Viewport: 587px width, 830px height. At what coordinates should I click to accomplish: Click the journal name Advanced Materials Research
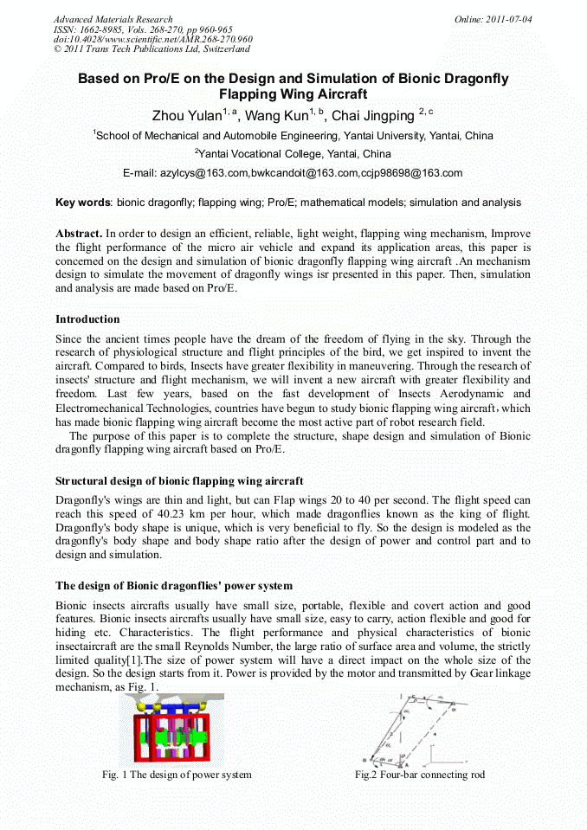pyautogui.click(x=113, y=19)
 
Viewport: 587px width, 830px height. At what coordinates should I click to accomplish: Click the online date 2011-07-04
pyautogui.click(x=501, y=19)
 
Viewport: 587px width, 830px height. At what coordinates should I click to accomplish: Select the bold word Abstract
pyautogui.click(x=79, y=234)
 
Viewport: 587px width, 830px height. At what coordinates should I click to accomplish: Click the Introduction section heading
pyautogui.click(x=87, y=319)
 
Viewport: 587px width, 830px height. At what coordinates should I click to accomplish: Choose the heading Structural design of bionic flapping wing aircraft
pyautogui.click(x=179, y=480)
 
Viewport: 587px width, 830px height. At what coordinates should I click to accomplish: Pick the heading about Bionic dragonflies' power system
pyautogui.click(x=174, y=586)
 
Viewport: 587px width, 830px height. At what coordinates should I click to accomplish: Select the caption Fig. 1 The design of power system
pyautogui.click(x=176, y=775)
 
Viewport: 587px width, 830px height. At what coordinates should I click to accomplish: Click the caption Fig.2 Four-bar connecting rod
pyautogui.click(x=419, y=775)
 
